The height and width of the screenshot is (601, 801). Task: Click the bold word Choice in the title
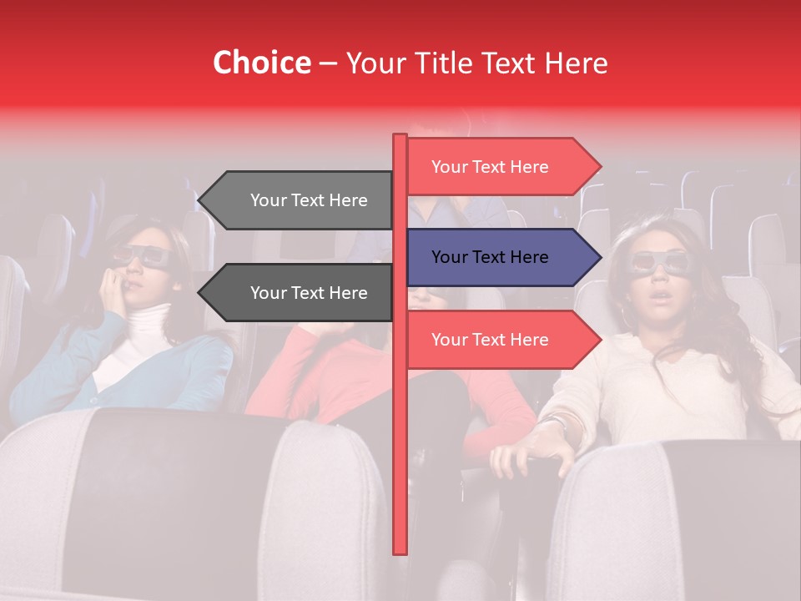(261, 63)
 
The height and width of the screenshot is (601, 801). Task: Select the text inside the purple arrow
(490, 257)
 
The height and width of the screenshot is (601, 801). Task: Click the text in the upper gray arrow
(309, 200)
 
